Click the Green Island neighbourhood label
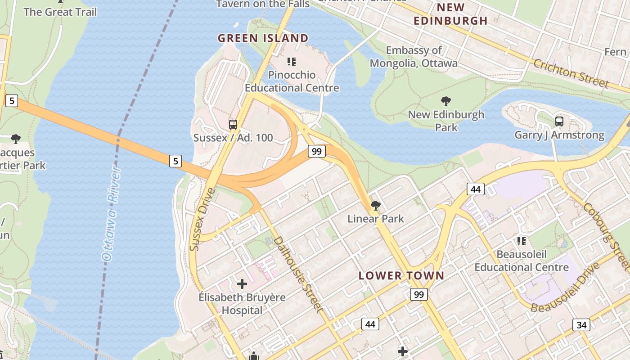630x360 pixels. pos(263,38)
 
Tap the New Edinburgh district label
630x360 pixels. pos(450,14)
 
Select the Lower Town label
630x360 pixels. pos(401,276)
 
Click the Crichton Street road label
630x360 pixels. pos(571,73)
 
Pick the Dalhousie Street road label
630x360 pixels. pos(298,274)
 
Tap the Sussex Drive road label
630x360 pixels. pos(202,219)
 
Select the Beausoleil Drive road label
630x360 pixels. pos(565,288)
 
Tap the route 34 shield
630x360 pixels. pos(581,325)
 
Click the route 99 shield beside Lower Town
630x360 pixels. pos(418,295)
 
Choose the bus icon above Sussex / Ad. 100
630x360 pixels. pos(233,125)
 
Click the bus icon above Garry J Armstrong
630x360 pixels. pos(559,121)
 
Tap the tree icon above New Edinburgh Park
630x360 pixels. pos(446,101)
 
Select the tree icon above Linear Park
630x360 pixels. pos(375,206)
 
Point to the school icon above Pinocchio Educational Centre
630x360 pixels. pos(292,61)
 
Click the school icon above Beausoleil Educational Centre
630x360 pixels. pos(522,241)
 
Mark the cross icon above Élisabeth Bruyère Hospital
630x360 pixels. pos(242,284)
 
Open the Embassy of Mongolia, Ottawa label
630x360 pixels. pos(414,57)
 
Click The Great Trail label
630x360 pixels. pos(60,12)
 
